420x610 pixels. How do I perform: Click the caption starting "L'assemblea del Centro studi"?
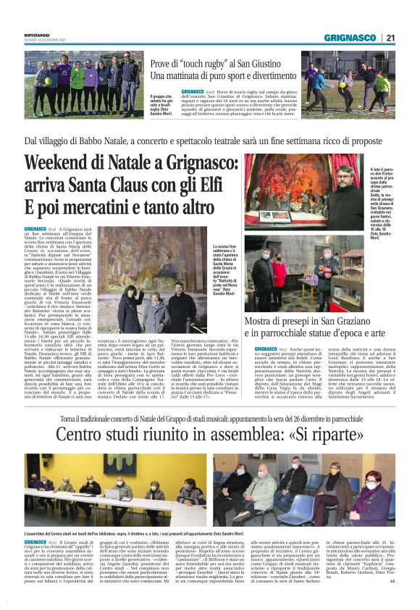(130, 532)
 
